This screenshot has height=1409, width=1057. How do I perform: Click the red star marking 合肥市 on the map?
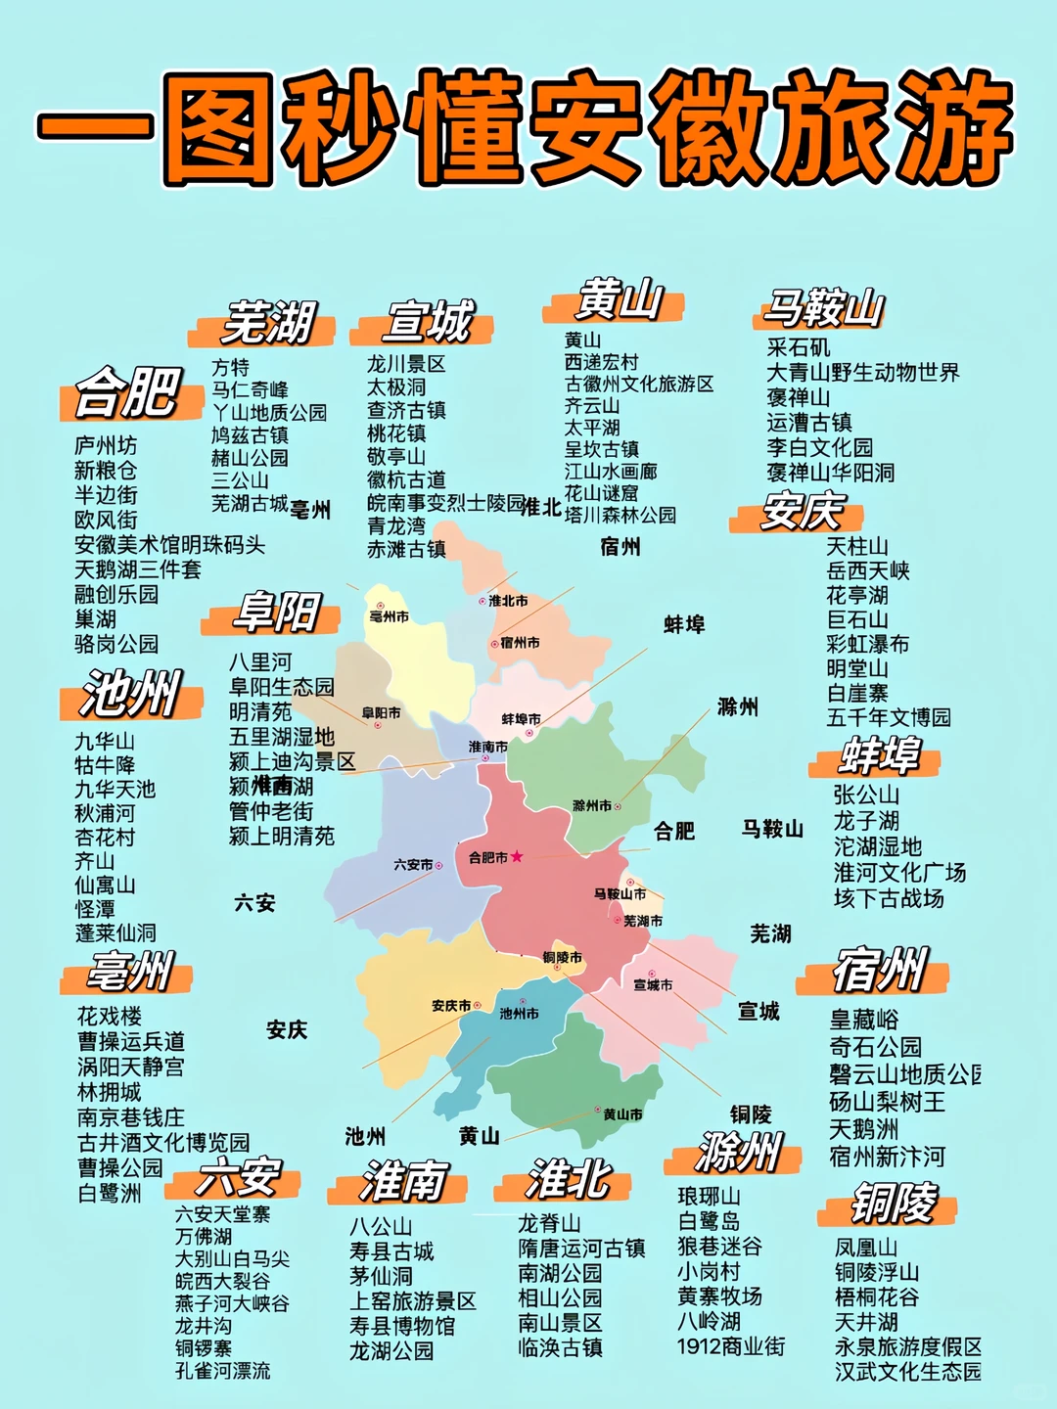tap(517, 856)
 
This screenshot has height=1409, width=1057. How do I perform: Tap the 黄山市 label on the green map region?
tap(622, 1114)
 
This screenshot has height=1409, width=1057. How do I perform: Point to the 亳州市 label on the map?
tap(389, 616)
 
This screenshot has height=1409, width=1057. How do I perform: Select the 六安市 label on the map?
tap(413, 865)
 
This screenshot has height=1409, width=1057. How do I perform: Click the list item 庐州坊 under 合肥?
tap(106, 445)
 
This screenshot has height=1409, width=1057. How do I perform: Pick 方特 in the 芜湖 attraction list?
tap(231, 367)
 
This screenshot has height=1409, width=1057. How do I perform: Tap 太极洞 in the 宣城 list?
tap(396, 386)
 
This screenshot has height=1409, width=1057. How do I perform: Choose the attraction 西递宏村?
tap(601, 362)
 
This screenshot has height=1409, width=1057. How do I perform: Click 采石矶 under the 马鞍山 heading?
tap(799, 347)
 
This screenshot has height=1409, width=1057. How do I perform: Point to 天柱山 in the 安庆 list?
tap(857, 546)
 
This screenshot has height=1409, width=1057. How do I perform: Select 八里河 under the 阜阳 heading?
tap(260, 662)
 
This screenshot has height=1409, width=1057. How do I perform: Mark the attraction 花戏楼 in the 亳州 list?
tap(110, 1016)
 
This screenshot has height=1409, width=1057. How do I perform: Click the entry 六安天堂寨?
tap(222, 1214)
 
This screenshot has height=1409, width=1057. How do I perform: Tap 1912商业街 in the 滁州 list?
tap(730, 1346)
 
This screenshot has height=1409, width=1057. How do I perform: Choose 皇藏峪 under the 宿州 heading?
tap(864, 1021)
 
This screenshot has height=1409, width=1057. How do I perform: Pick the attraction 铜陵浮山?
tap(877, 1272)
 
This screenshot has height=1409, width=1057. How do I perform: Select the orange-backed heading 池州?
tap(131, 694)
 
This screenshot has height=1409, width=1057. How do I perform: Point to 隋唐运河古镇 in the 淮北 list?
tap(581, 1249)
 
